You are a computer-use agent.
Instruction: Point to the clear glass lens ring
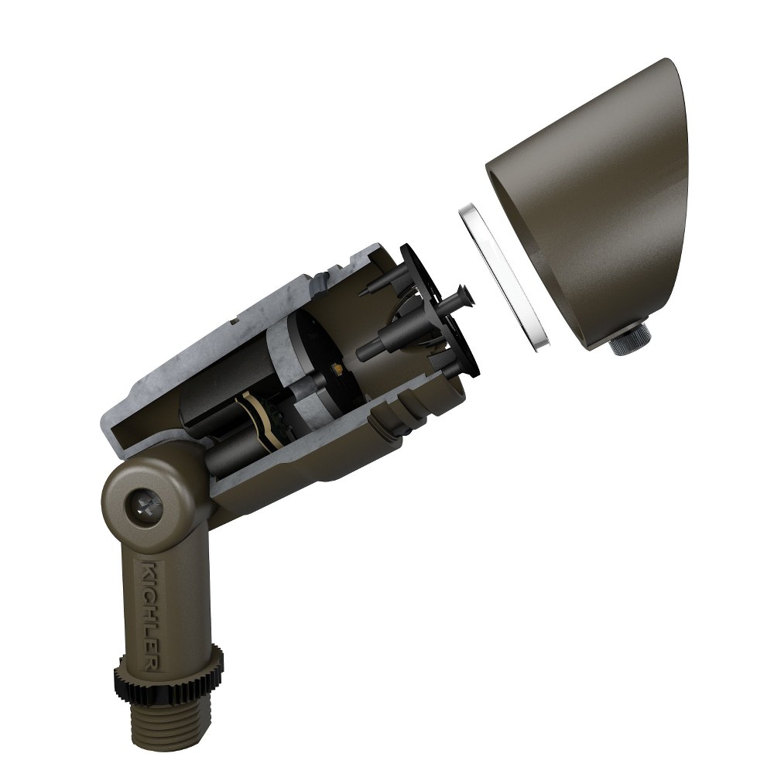[504, 277]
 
